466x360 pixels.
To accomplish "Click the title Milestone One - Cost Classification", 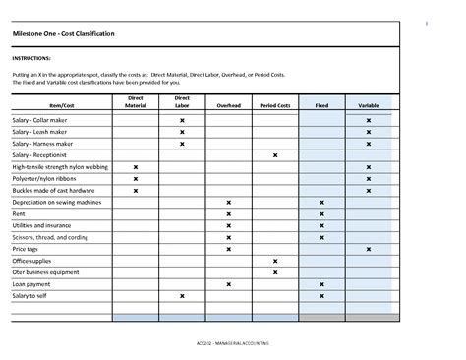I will [64, 34].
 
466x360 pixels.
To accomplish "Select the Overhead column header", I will [229, 104].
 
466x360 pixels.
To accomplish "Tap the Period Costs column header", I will [275, 104].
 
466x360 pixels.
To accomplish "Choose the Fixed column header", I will [321, 104].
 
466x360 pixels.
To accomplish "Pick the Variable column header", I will [369, 104].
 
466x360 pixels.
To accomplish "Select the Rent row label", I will [19, 213].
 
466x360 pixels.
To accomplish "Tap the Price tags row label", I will [26, 249].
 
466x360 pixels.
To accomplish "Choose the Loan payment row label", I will [31, 284].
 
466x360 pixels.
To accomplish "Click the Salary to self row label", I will [29, 296].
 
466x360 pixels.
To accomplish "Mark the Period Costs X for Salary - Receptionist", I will [275, 155].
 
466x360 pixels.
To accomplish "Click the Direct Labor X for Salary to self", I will [182, 296].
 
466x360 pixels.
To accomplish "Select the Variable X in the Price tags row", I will [369, 249].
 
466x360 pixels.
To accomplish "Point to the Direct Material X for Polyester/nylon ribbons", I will [136, 179].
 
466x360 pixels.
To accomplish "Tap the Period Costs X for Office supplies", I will [275, 261].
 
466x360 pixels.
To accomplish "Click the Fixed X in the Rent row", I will [321, 213].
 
